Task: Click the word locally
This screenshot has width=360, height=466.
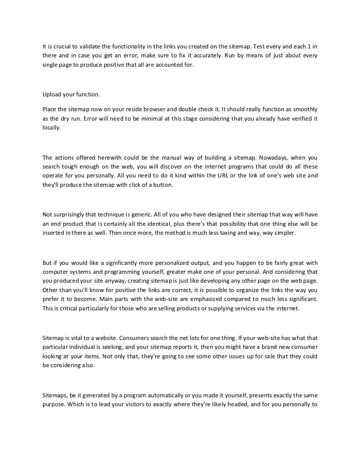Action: pos(51,127)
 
